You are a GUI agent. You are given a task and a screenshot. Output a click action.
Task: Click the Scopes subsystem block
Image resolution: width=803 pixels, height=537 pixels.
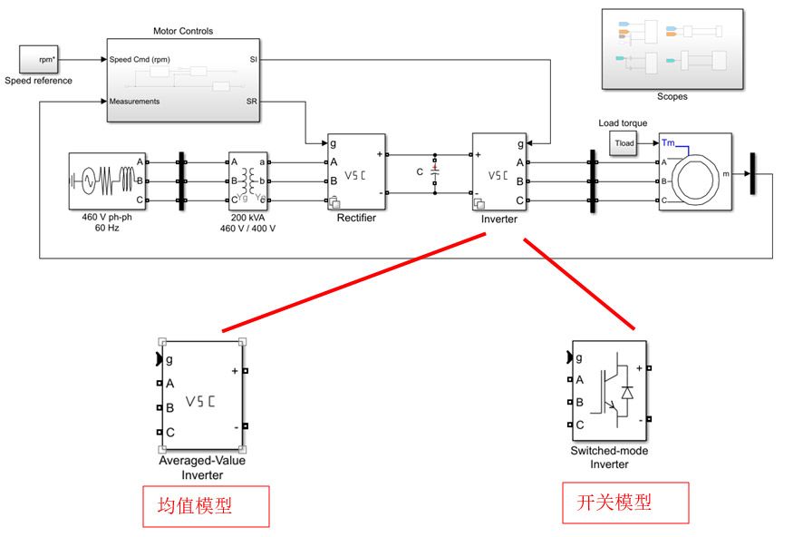(672, 49)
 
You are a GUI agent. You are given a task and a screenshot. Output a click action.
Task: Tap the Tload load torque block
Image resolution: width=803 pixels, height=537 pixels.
(624, 143)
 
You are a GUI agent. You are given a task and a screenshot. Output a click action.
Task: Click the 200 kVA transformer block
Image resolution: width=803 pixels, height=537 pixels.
(247, 181)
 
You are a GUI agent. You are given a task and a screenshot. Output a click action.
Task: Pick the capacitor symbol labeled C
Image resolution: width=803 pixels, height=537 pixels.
(435, 171)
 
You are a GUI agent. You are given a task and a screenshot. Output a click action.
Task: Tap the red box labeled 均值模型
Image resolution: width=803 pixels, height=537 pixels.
(206, 506)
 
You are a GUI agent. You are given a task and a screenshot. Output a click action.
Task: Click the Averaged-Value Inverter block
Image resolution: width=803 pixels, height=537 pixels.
(201, 395)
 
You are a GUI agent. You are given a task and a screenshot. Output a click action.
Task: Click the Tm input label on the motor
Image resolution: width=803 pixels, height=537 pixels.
(668, 142)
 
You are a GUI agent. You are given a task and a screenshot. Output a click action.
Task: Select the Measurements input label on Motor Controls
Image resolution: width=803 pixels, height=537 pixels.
(134, 102)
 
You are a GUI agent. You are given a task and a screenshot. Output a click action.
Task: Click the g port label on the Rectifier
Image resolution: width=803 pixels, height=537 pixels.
(334, 143)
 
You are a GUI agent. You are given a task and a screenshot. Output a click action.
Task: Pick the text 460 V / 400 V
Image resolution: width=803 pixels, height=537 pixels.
(247, 229)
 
